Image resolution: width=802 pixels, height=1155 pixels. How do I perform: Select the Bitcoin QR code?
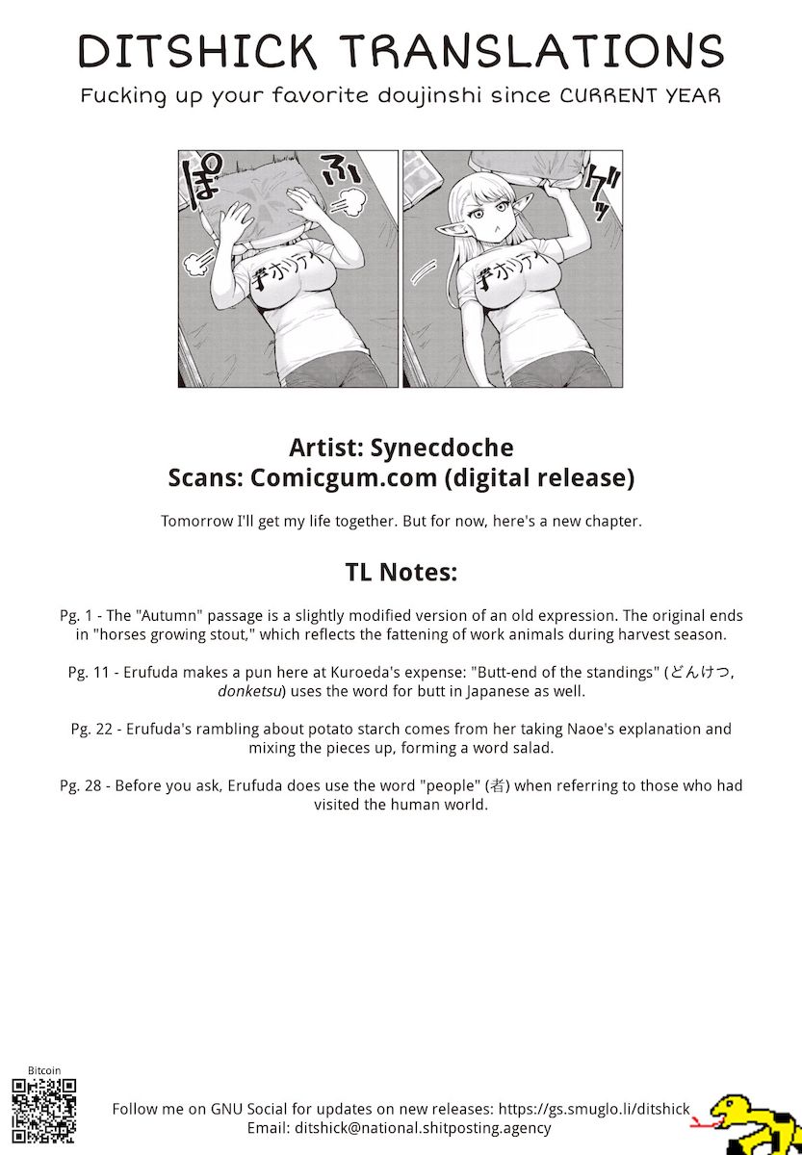point(44,1112)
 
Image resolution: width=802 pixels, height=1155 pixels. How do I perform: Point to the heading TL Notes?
point(401,572)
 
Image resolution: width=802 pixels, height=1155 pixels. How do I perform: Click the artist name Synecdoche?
point(442,448)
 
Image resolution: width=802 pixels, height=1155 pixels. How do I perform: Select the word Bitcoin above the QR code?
point(44,1070)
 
